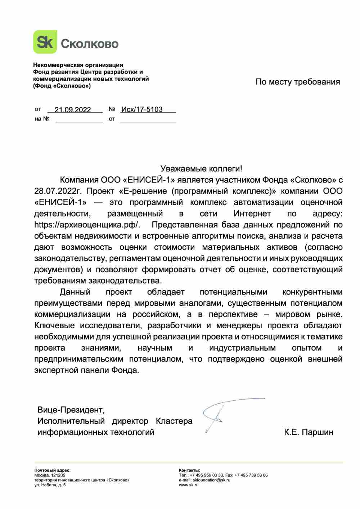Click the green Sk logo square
click(45, 42)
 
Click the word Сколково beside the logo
click(90, 44)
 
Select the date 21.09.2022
click(73, 109)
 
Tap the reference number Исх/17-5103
click(142, 109)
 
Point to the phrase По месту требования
click(298, 82)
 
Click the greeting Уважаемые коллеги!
click(201, 168)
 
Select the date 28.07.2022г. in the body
click(58, 190)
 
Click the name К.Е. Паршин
click(309, 432)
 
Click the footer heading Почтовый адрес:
click(53, 470)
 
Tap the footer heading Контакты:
click(189, 470)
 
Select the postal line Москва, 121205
click(50, 475)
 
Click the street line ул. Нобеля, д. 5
click(50, 485)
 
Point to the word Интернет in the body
click(252, 213)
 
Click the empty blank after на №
click(79, 119)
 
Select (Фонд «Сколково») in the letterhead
click(62, 86)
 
